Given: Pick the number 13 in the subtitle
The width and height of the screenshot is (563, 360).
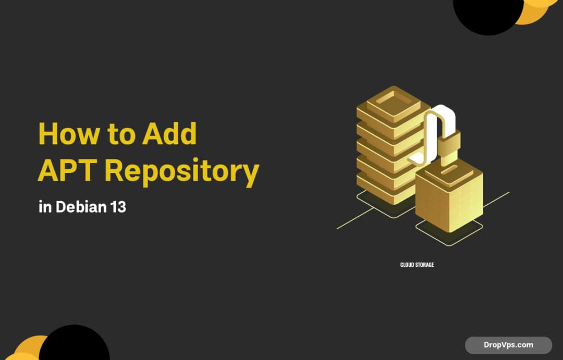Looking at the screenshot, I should click(x=118, y=207).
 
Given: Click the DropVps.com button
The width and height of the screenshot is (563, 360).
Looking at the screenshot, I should click(x=508, y=345).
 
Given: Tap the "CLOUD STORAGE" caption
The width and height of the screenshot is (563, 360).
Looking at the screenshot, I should click(x=417, y=265).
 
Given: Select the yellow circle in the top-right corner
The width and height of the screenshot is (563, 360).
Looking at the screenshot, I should click(x=537, y=13).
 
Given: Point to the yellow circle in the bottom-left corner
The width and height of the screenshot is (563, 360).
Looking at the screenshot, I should click(x=29, y=349).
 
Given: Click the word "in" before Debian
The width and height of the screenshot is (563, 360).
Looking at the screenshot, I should click(x=45, y=207).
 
